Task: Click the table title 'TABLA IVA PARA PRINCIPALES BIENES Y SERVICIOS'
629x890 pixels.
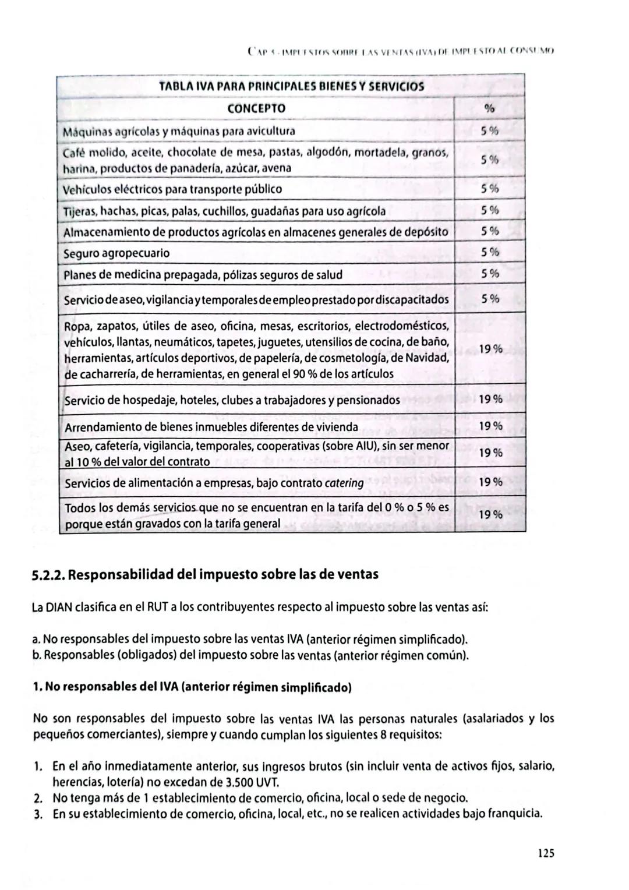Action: point(291,86)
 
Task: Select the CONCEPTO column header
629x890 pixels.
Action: point(256,108)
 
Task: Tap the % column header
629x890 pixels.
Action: point(489,108)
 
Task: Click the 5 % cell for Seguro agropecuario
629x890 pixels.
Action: point(490,252)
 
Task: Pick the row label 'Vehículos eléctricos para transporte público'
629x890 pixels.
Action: point(172,189)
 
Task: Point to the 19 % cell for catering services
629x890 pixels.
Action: point(490,482)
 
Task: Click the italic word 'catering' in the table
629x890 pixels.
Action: point(344,483)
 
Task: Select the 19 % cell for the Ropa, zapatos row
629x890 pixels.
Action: point(490,349)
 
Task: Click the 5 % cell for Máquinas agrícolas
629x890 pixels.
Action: point(490,131)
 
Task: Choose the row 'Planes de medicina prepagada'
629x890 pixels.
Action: point(203,274)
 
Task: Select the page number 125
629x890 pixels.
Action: point(546,853)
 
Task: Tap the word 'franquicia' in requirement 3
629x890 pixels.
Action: point(518,814)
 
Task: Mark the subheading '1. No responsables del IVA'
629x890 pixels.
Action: point(192,687)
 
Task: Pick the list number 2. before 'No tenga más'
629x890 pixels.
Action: point(38,798)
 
